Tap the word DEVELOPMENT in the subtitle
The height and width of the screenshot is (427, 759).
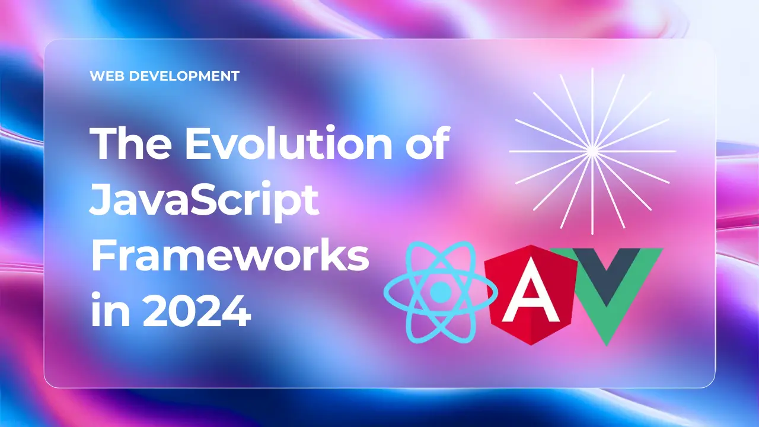184,76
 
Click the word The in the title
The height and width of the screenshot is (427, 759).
130,143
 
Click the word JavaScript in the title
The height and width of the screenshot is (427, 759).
204,200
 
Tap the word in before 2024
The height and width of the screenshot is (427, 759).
110,309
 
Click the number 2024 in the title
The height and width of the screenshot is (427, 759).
197,310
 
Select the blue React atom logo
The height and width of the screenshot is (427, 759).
441,292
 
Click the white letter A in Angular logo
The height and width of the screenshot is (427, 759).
531,292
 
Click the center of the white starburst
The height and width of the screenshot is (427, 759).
592,151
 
